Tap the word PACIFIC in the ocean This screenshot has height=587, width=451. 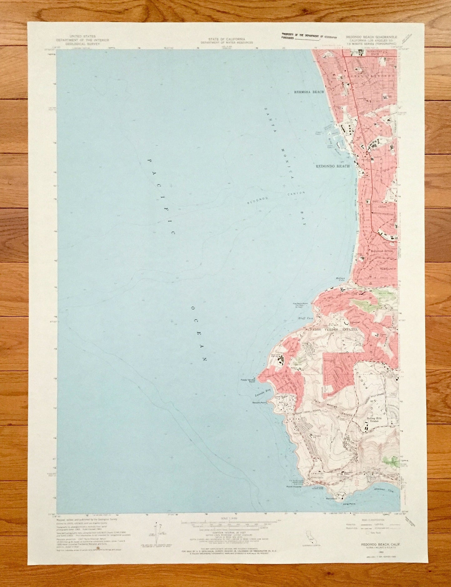(x=161, y=196)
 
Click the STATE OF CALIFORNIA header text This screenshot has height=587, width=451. (x=226, y=39)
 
